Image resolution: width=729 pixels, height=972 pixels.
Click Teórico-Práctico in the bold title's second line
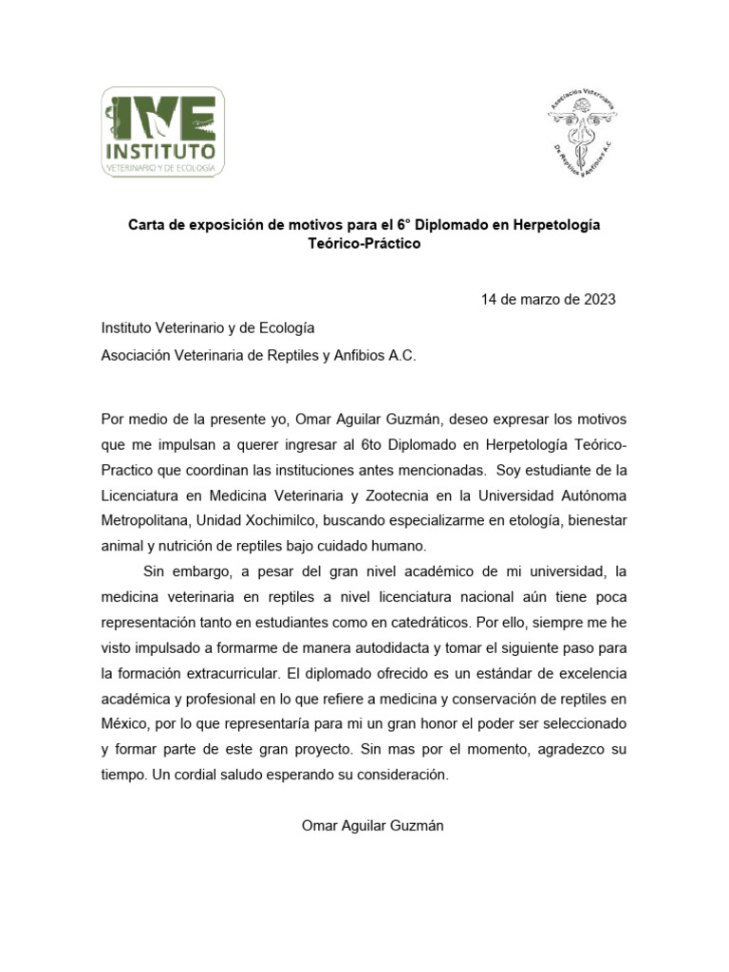coord(364,244)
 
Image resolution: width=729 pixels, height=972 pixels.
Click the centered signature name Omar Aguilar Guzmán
coord(372,827)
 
